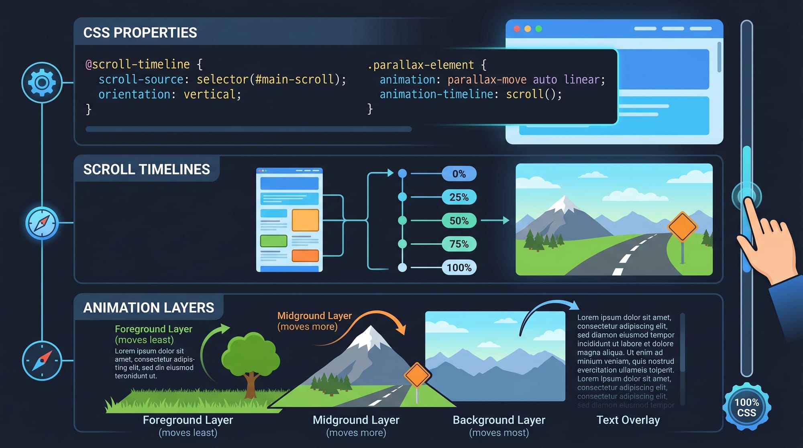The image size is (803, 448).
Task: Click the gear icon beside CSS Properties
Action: coord(42,82)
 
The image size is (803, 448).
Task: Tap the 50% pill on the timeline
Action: coord(459,220)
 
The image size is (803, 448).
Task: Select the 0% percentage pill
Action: coord(459,174)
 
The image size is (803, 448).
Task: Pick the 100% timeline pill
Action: coord(459,267)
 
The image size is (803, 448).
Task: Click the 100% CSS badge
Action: coord(746,407)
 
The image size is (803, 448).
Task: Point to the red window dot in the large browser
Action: coord(517,29)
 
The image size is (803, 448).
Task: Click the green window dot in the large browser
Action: coord(539,29)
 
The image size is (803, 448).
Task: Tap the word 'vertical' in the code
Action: coord(210,94)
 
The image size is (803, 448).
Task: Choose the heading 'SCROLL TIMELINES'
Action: coord(147,169)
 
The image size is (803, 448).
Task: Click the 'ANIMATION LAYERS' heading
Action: coord(149,307)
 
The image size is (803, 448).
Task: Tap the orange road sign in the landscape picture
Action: coord(682,227)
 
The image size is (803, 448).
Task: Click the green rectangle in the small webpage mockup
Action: coord(273,241)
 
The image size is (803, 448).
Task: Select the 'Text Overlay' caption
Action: coord(628,420)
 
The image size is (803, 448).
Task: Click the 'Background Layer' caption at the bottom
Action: coord(499,420)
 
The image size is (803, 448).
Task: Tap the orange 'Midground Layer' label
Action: coord(314,316)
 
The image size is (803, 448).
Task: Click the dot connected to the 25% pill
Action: coord(402,197)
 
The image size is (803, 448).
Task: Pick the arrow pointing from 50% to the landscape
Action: coord(495,220)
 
